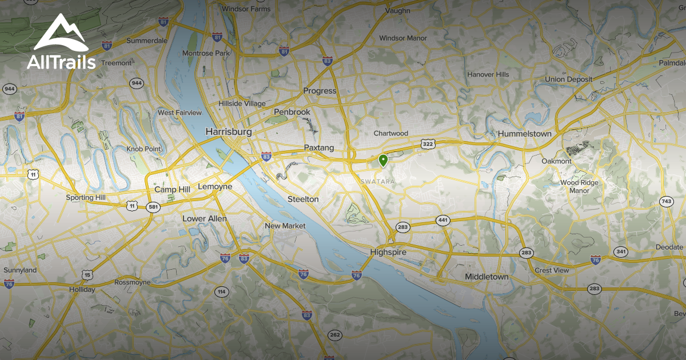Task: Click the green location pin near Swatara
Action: (x=383, y=161)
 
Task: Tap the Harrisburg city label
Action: (x=228, y=132)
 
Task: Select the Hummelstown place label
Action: (x=524, y=134)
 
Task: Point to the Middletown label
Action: (x=486, y=277)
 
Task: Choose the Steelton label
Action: (x=302, y=199)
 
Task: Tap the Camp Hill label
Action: (x=171, y=189)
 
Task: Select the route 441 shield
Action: (x=442, y=220)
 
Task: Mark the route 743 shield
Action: (x=666, y=201)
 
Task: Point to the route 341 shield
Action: (x=621, y=252)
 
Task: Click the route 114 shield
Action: (x=221, y=292)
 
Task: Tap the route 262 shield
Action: (x=334, y=335)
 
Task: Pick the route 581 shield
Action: (x=153, y=207)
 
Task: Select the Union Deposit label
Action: (x=568, y=79)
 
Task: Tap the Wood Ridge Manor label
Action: (x=579, y=186)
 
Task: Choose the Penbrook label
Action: (x=292, y=112)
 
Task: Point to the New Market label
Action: (x=285, y=226)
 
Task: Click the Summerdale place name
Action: (x=147, y=41)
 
